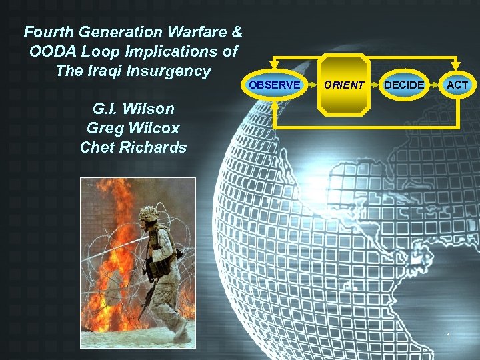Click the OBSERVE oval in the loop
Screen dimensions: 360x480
click(x=274, y=85)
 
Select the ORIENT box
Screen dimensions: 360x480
click(x=344, y=85)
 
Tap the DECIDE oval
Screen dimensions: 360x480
click(x=404, y=85)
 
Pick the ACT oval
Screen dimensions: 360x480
click(x=457, y=85)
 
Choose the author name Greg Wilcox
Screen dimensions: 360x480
click(x=133, y=128)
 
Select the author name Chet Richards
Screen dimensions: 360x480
click(x=133, y=147)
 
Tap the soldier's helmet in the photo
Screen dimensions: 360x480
click(x=148, y=214)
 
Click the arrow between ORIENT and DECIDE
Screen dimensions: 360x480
click(x=377, y=85)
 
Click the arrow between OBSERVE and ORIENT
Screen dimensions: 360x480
click(x=312, y=85)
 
